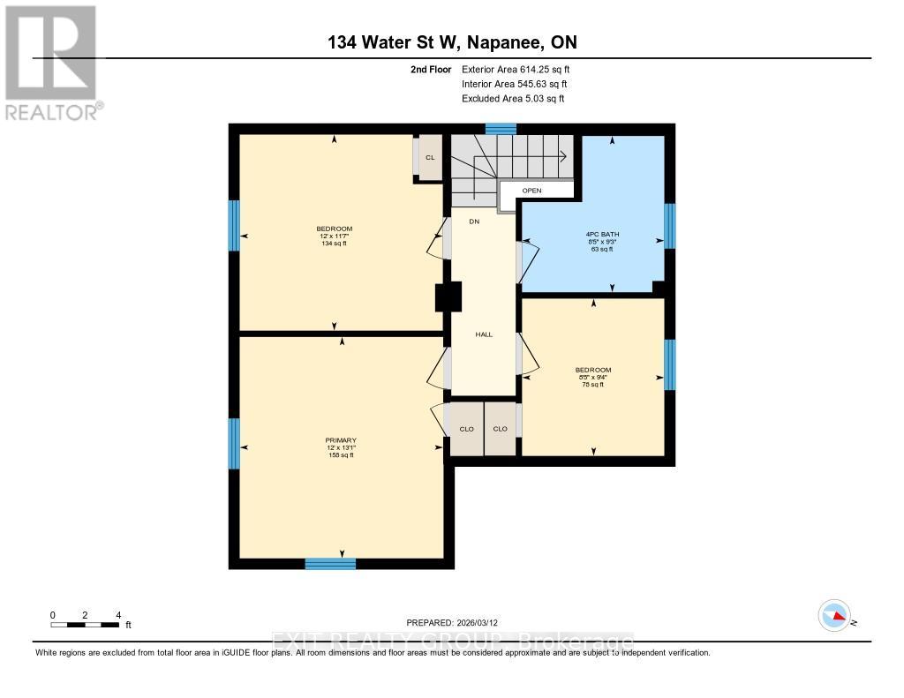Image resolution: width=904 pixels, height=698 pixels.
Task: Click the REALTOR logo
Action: tap(51, 62)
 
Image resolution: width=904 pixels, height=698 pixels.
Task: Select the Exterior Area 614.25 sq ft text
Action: tap(522, 69)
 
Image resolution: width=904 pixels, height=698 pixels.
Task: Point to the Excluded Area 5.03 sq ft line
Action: tap(513, 99)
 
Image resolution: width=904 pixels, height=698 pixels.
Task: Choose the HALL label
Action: tap(484, 334)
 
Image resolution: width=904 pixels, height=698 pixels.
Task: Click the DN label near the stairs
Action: tap(474, 221)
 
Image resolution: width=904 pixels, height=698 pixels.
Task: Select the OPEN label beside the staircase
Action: tap(531, 191)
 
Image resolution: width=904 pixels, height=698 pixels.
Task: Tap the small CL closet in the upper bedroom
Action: tap(430, 157)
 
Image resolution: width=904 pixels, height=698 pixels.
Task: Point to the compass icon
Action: tap(834, 615)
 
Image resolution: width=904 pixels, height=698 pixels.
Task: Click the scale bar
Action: tap(85, 625)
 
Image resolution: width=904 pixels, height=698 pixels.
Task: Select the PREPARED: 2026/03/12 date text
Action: tap(457, 622)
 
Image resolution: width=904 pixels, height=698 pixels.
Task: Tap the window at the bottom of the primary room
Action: tap(330, 564)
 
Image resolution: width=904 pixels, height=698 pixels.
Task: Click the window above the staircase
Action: tap(501, 129)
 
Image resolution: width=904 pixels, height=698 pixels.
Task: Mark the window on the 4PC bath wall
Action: tap(669, 227)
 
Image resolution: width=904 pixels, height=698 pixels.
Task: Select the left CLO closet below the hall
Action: tap(466, 429)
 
